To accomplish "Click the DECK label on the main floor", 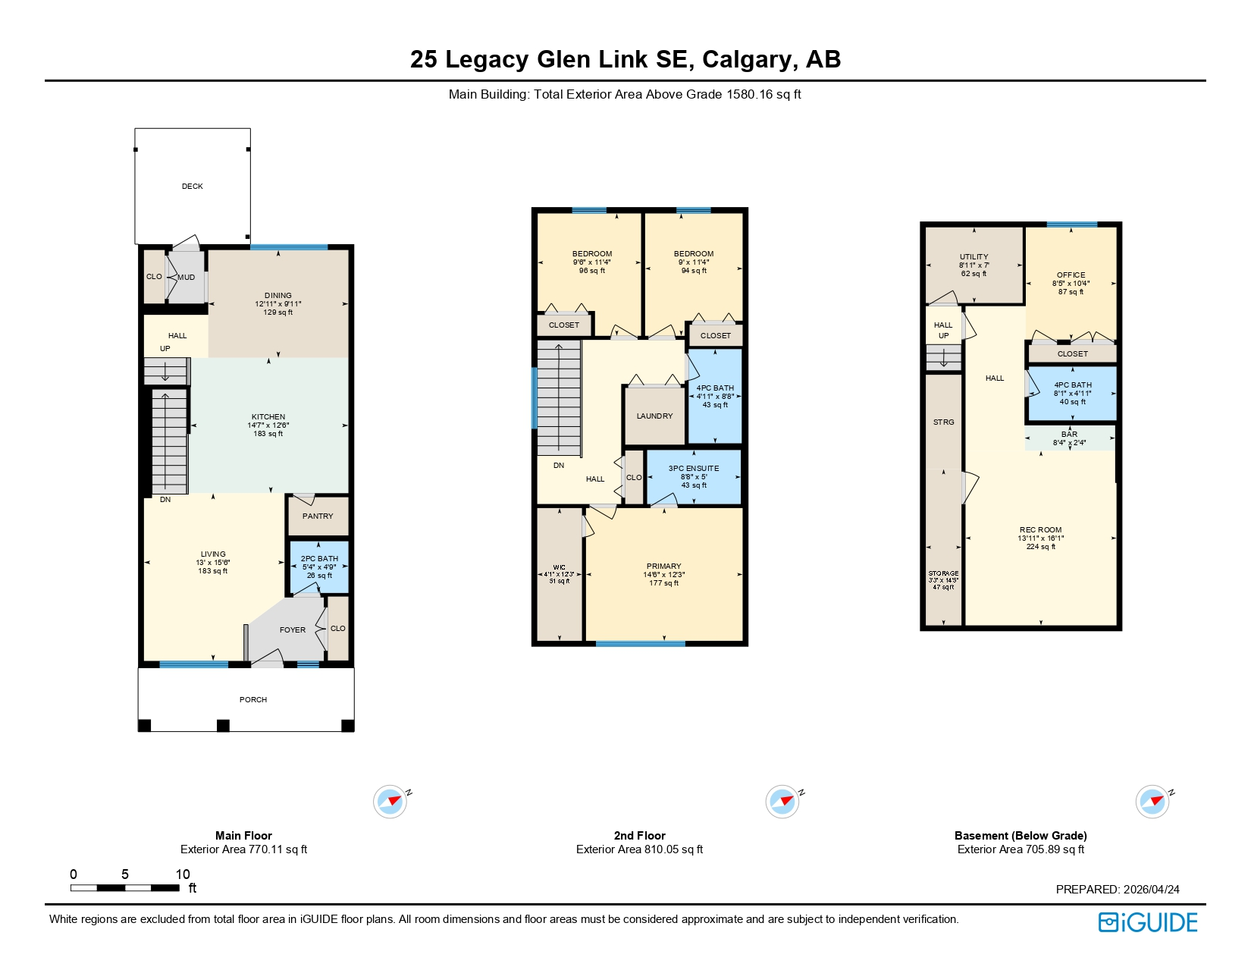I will [192, 186].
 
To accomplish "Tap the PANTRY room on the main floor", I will [318, 516].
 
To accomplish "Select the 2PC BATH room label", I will [319, 558].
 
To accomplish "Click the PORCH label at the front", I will [253, 699].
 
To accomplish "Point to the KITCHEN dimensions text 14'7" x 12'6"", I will [268, 425].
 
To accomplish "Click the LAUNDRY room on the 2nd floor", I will [654, 416].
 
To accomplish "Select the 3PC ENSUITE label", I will [693, 468].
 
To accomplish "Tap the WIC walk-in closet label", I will [559, 567].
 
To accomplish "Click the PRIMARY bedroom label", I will [663, 566].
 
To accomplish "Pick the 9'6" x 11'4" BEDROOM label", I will [591, 254].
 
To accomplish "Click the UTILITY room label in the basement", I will [974, 256].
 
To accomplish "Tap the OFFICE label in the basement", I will [1071, 275].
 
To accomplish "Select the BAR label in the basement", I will [1069, 434].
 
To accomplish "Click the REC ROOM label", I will [1040, 529].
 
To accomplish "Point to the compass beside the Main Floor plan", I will [390, 801].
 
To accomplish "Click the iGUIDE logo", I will [1148, 922].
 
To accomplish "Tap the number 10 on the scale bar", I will [183, 874].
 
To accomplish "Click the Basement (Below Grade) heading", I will [1021, 835].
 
